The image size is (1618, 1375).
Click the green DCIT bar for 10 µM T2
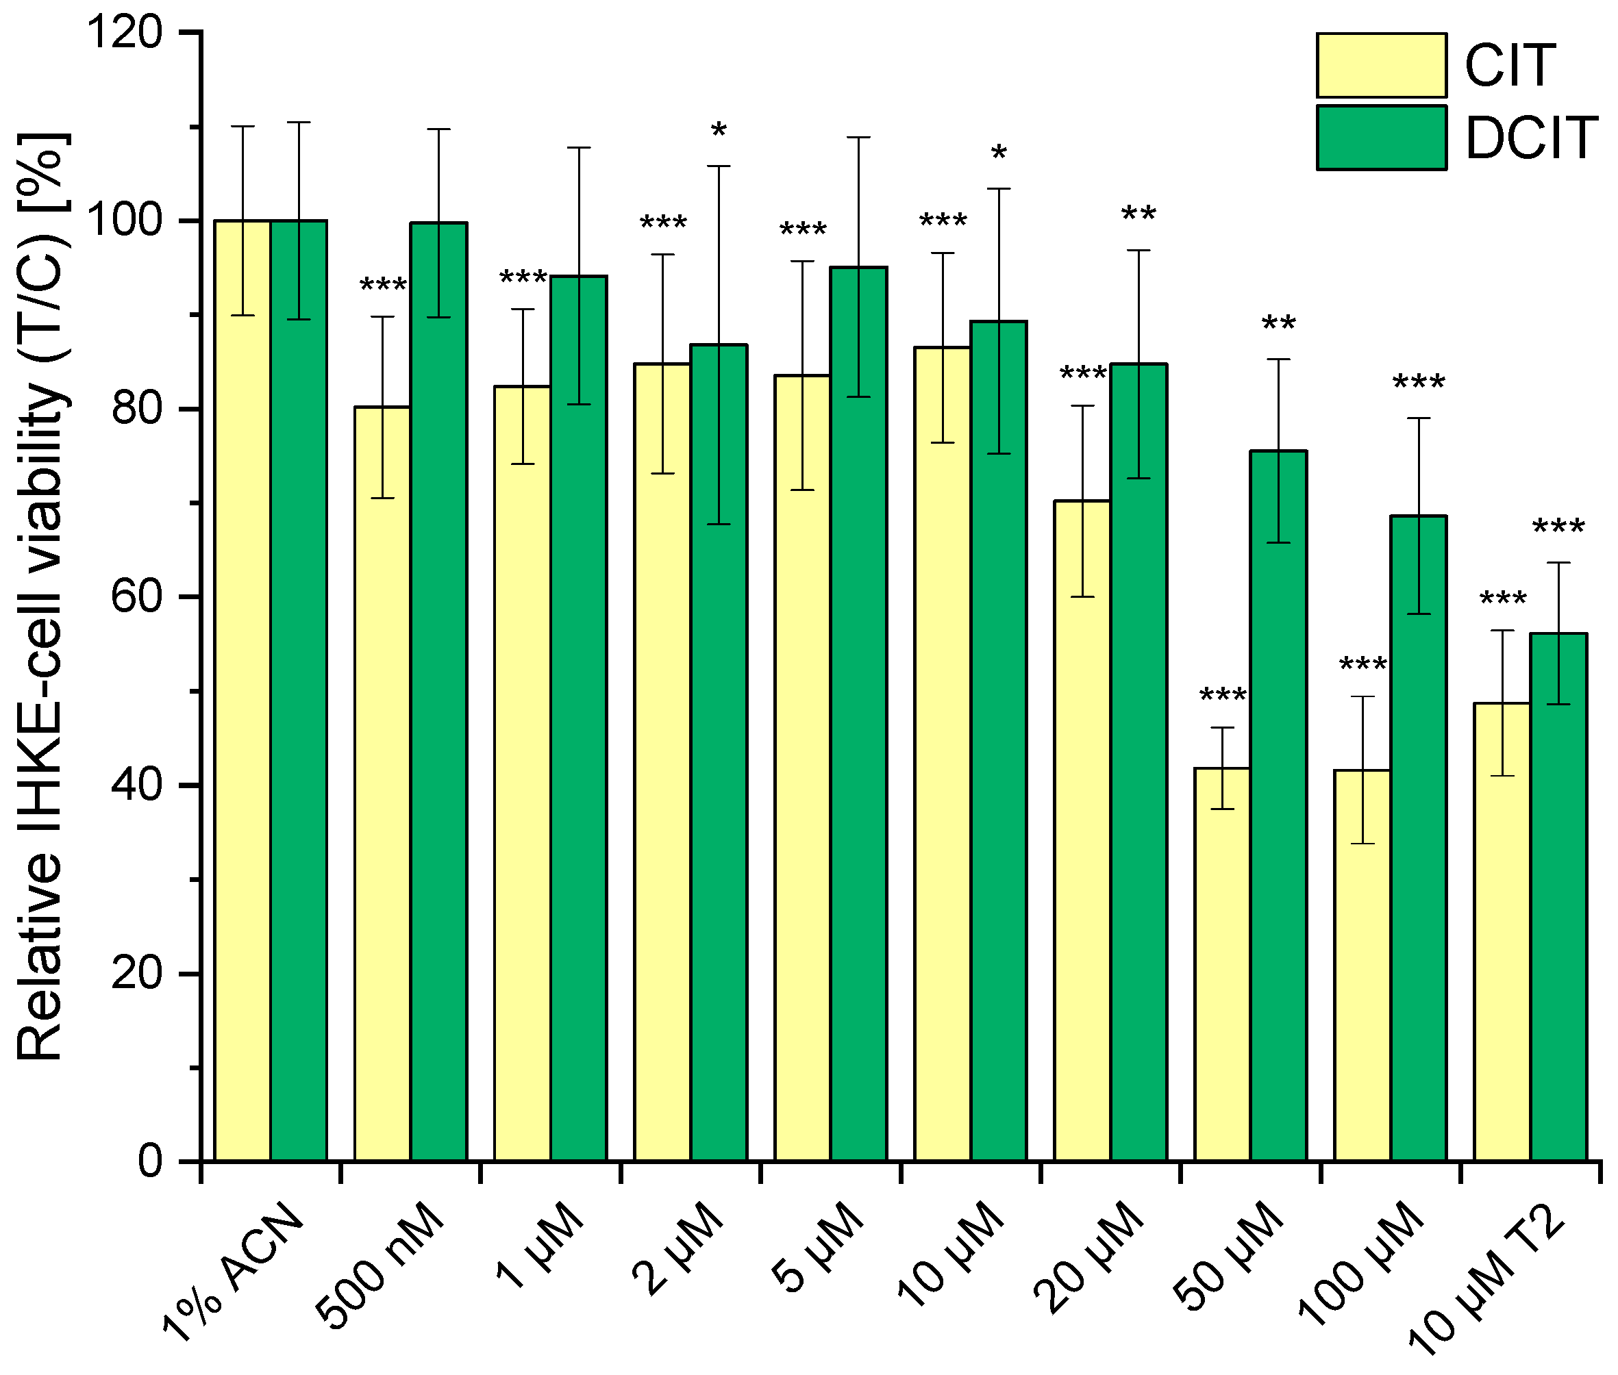coord(1558,896)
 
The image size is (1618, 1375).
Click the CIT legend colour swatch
coord(1381,66)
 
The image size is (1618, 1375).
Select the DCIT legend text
coord(1532,139)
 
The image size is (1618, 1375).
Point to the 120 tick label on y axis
coord(125,33)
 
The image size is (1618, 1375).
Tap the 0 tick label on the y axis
coord(150,1161)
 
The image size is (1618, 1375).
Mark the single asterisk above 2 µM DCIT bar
coord(718,131)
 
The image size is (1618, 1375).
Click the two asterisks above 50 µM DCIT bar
coord(1278,323)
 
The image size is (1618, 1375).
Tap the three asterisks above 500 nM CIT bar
coord(382,286)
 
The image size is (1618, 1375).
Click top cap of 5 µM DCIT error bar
coord(858,137)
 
